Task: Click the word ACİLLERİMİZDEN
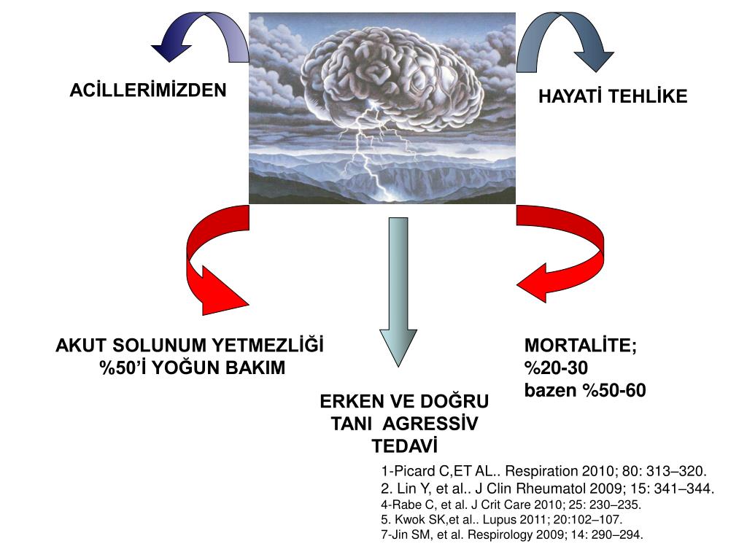pos(148,91)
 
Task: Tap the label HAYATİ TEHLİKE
pos(613,97)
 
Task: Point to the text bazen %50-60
pos(585,391)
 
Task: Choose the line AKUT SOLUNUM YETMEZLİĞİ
pos(190,346)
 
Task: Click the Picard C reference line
pos(544,471)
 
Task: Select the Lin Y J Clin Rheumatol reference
pos(547,489)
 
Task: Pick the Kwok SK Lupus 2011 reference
pos(501,520)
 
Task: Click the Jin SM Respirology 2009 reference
pos(512,535)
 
